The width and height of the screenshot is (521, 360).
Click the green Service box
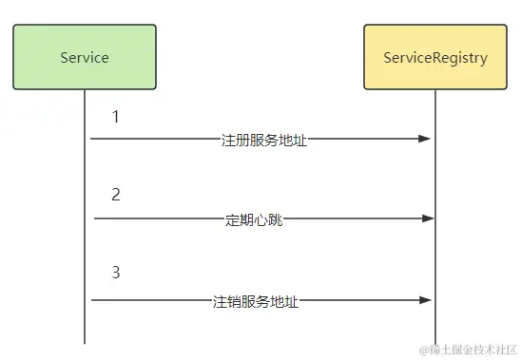point(85,57)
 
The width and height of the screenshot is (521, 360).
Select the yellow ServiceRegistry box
point(435,57)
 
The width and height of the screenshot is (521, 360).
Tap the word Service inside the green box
point(85,57)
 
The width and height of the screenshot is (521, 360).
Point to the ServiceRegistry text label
point(435,58)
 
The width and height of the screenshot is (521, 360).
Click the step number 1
point(115,118)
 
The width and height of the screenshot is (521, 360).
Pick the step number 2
point(115,195)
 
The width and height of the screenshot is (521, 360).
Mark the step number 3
point(115,273)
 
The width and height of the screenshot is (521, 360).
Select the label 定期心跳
point(254,220)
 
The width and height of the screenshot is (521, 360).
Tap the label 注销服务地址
point(256,301)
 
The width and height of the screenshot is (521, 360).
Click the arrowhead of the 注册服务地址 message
point(426,139)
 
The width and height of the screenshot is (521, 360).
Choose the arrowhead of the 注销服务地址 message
point(426,301)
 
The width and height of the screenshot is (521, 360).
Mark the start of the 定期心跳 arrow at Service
point(95,219)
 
